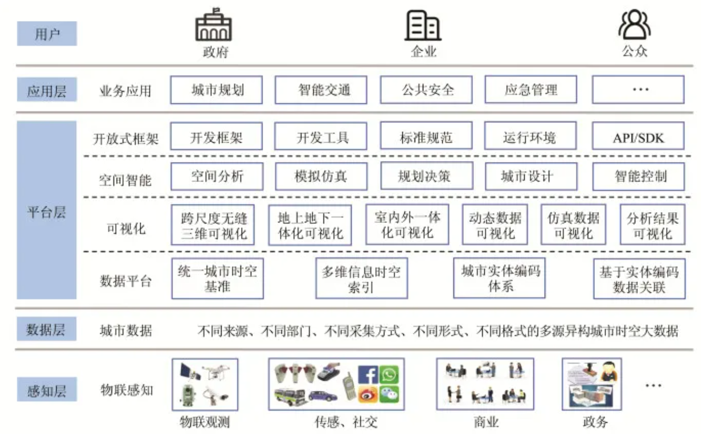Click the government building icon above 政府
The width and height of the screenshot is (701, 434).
pyautogui.click(x=214, y=25)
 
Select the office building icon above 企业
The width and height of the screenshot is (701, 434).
pyautogui.click(x=423, y=25)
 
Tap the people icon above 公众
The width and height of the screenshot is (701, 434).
pyautogui.click(x=635, y=24)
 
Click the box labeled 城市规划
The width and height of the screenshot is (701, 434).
pyautogui.click(x=217, y=90)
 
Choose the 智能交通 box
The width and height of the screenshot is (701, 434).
pyautogui.click(x=321, y=90)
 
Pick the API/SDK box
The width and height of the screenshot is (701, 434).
pyautogui.click(x=638, y=136)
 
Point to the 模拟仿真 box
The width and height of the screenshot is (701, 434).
pyautogui.click(x=321, y=176)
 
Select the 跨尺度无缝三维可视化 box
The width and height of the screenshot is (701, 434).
pyautogui.click(x=213, y=225)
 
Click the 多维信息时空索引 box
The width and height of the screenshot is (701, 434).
pyautogui.click(x=362, y=278)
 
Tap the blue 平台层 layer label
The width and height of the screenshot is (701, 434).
pyautogui.click(x=46, y=210)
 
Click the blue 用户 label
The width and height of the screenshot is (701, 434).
pyautogui.click(x=47, y=34)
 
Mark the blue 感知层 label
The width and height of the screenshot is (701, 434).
pyautogui.click(x=47, y=389)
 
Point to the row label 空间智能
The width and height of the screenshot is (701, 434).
pyautogui.click(x=125, y=180)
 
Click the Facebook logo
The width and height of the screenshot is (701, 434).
pyautogui.click(x=368, y=375)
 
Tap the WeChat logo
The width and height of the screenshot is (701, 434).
pyautogui.click(x=389, y=394)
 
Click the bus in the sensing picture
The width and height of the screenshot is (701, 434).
pyautogui.click(x=290, y=397)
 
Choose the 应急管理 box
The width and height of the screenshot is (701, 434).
pyautogui.click(x=531, y=90)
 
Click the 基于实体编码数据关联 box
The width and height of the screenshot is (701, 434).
pyautogui.click(x=640, y=279)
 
